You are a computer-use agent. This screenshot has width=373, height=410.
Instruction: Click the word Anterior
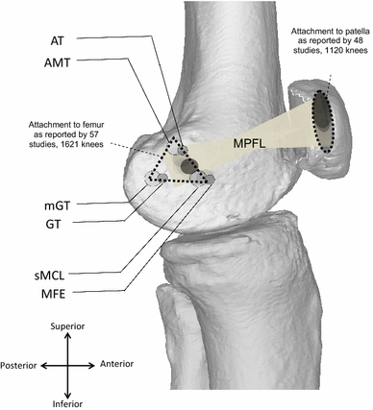(x=119, y=365)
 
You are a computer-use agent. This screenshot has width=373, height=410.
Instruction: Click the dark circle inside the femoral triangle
(x=186, y=168)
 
